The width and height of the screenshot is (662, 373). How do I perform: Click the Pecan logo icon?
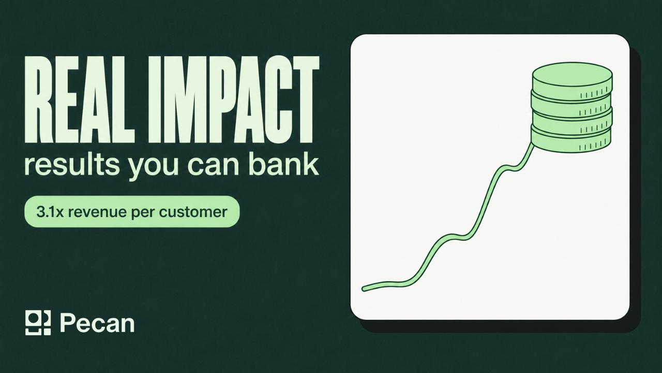coord(38,323)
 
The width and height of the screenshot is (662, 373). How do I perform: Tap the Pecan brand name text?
coord(98,323)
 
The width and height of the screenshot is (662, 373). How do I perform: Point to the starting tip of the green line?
coord(364,289)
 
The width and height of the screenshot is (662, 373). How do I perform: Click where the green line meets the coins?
coord(532,146)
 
